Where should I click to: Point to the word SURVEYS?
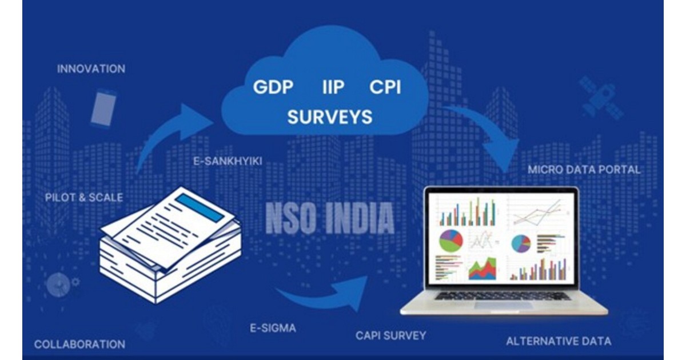(x=329, y=117)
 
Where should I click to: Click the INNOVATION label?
(x=91, y=69)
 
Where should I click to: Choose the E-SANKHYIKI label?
(x=228, y=161)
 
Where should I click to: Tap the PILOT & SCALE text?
(x=84, y=198)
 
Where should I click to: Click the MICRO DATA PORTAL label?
(x=584, y=170)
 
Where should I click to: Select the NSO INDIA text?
(x=330, y=218)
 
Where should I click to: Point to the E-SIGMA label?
(x=274, y=329)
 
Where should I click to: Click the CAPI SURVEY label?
(x=390, y=335)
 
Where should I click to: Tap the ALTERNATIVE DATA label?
(x=559, y=341)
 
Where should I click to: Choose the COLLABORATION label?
(x=79, y=345)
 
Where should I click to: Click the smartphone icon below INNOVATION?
(x=103, y=107)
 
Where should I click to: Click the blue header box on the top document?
(x=200, y=209)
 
